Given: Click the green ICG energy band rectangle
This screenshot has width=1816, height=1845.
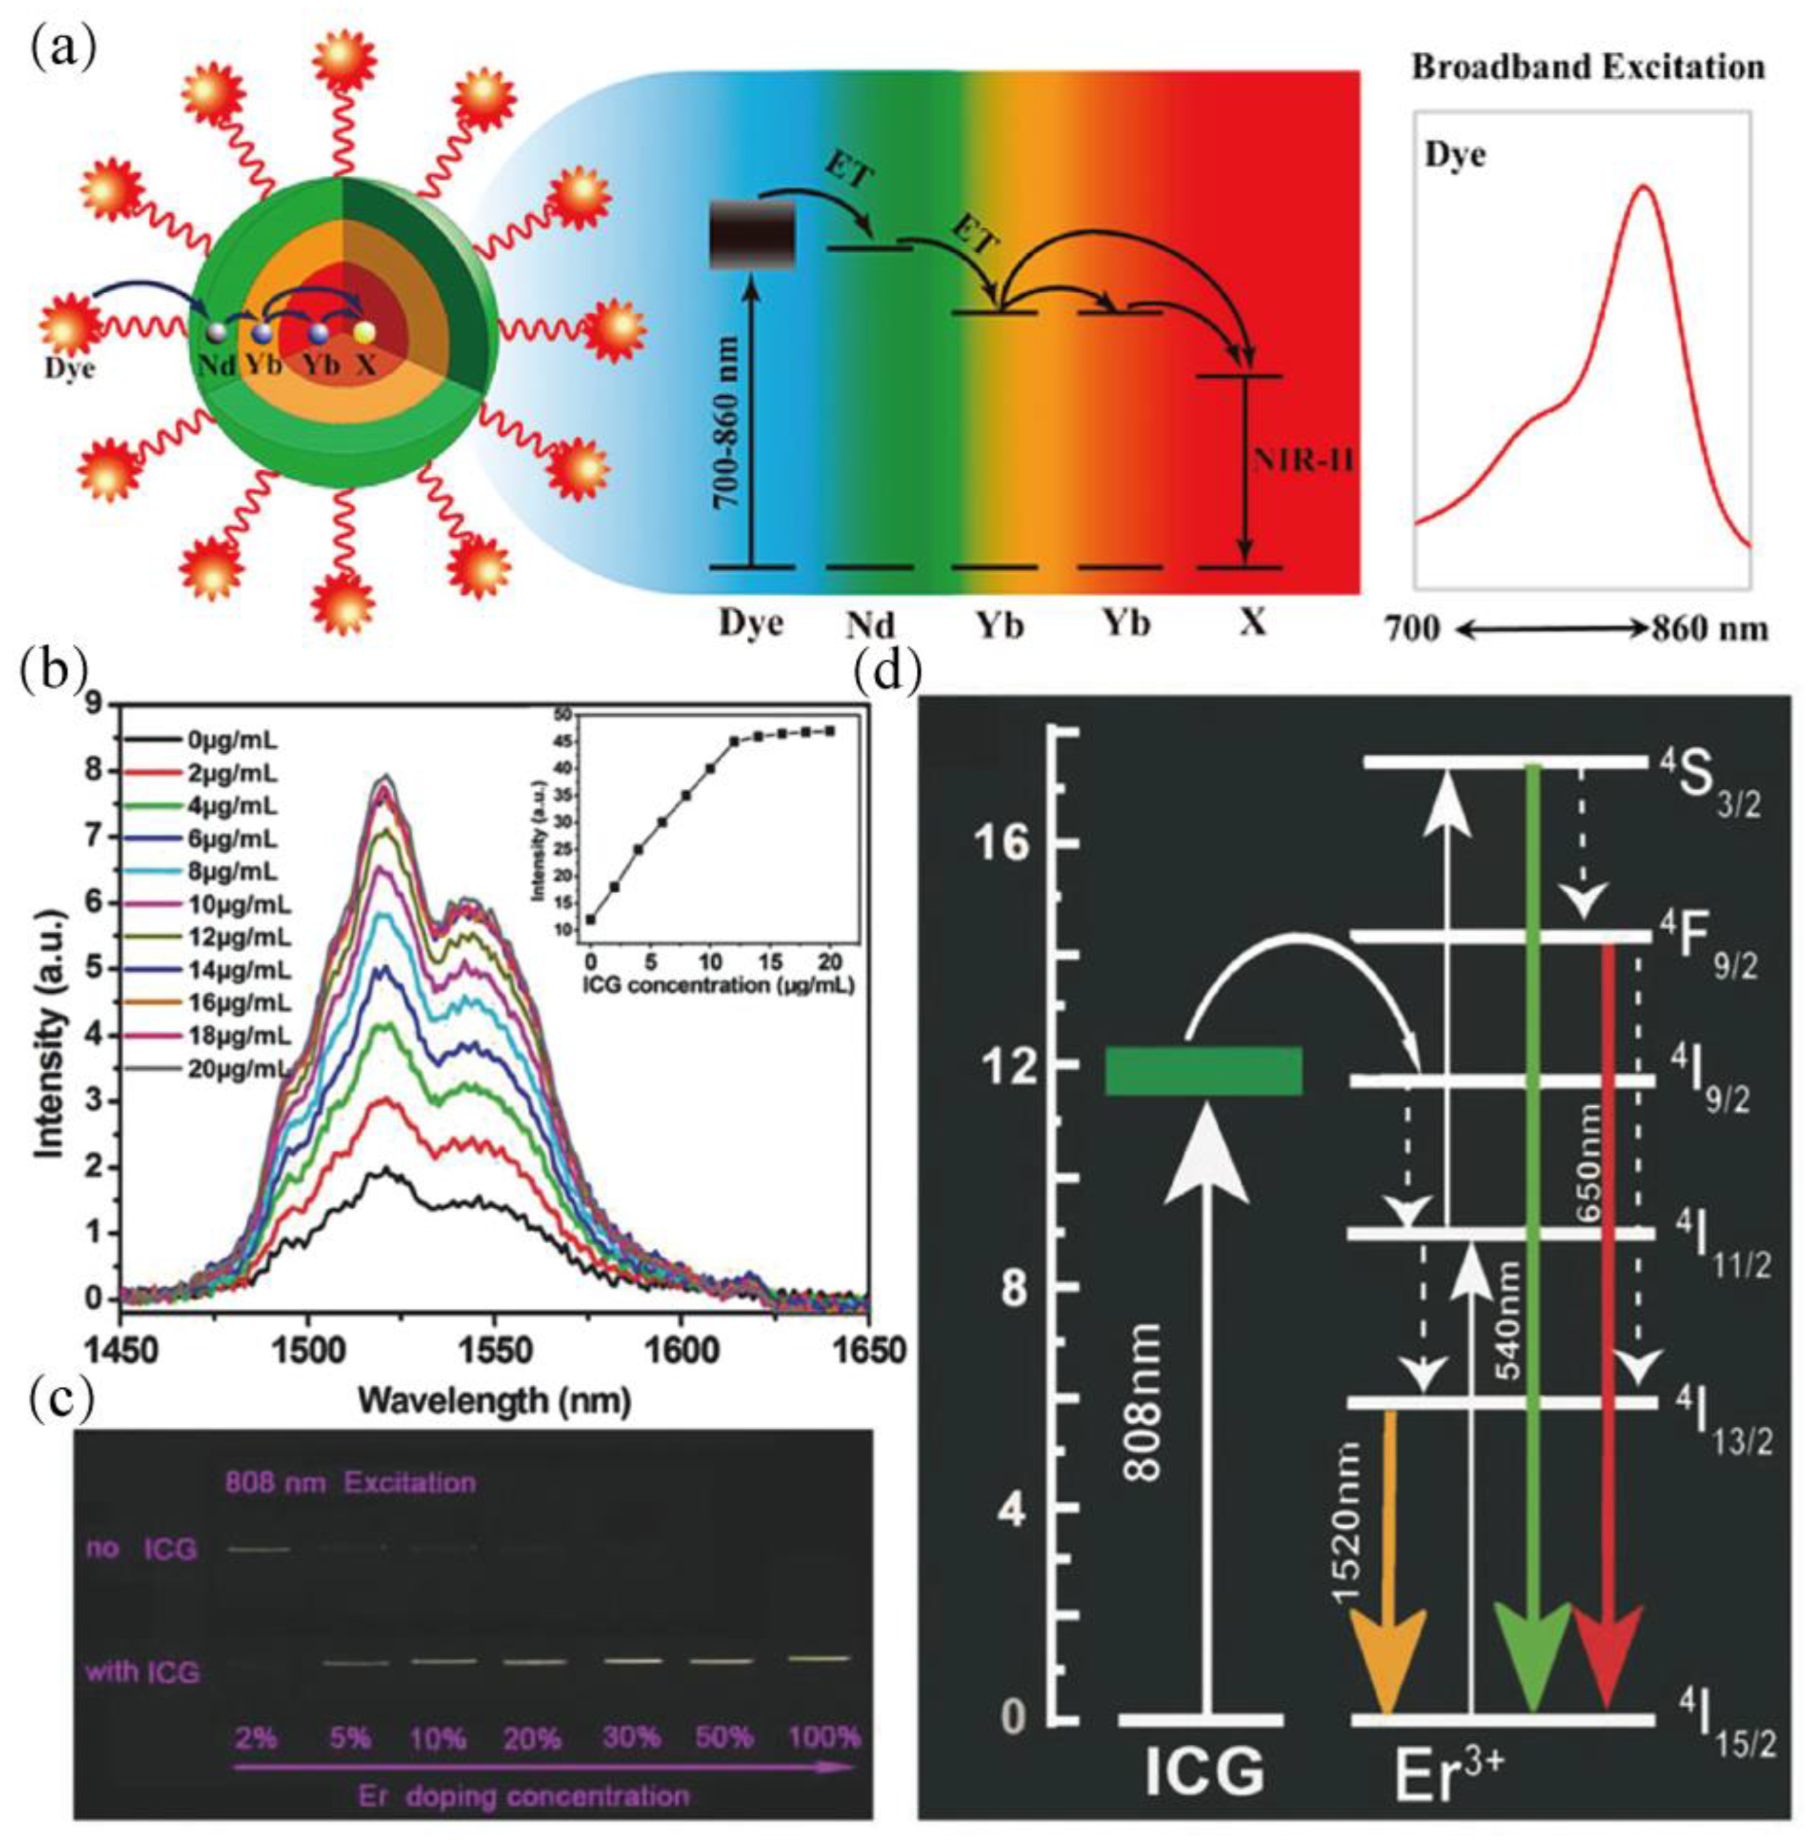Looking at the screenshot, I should [x=1204, y=1071].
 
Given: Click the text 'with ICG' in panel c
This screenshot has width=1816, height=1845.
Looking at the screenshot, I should [x=143, y=1671].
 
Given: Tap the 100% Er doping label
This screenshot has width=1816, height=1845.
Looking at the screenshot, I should [x=824, y=1736].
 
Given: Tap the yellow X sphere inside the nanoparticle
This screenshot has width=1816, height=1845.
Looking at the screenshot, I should [x=364, y=332].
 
